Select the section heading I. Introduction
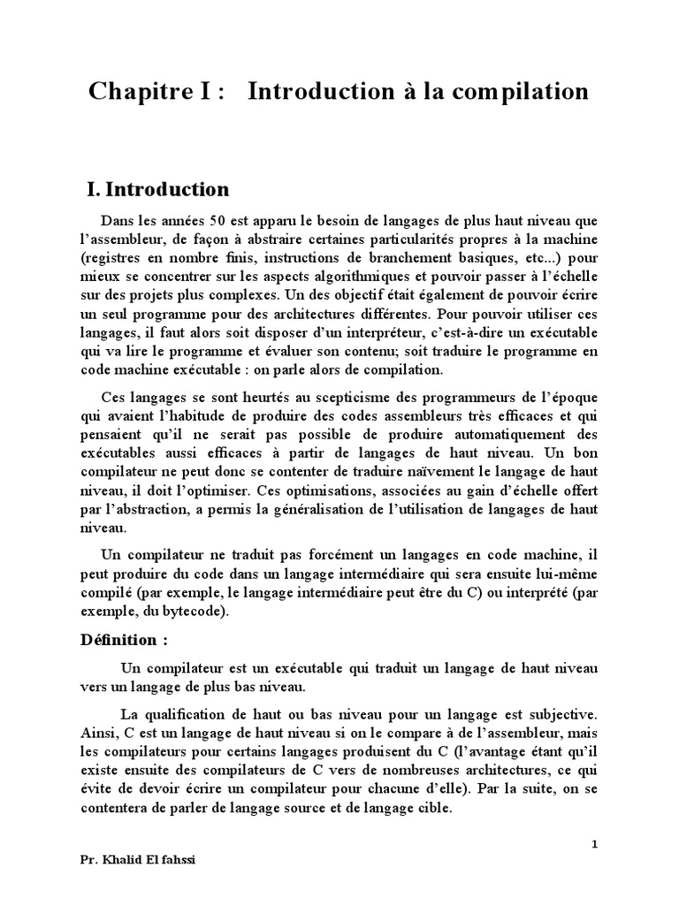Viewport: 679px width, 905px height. (x=157, y=189)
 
